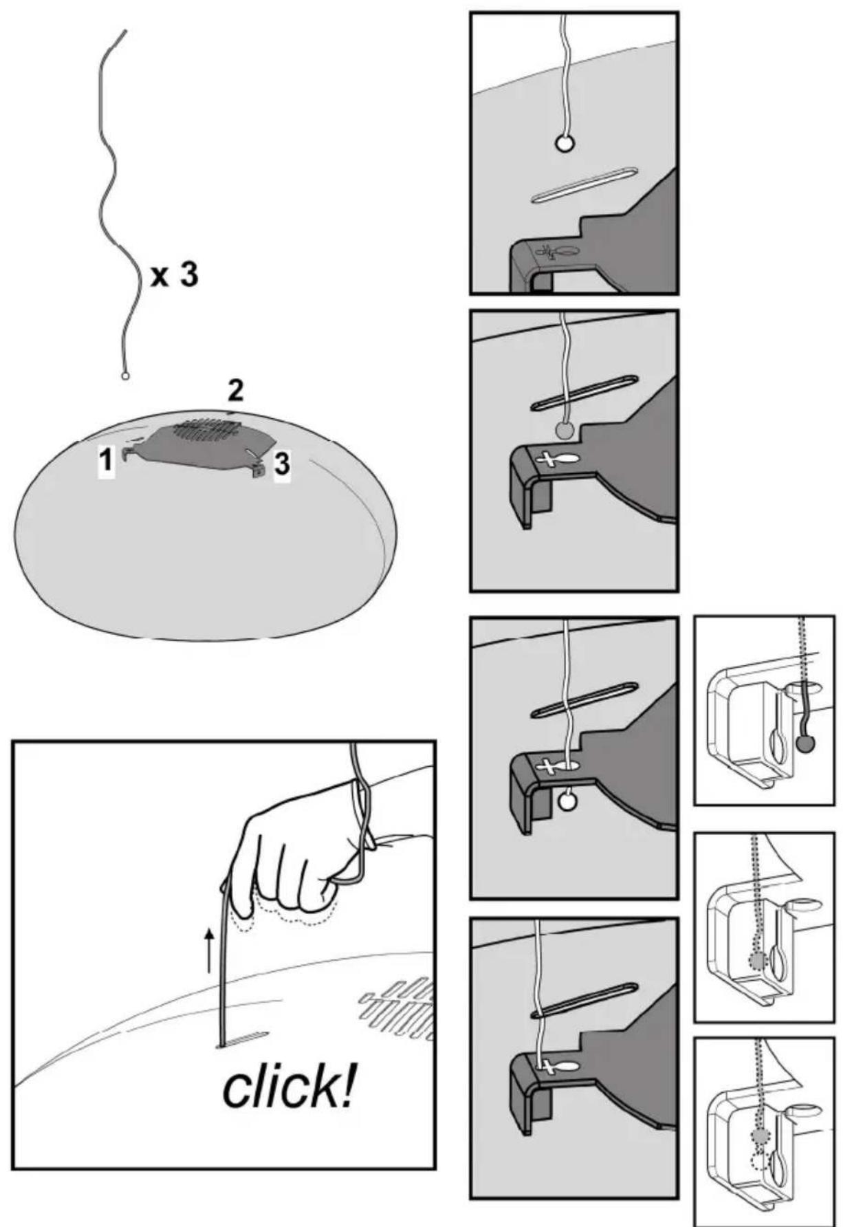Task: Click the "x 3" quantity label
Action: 175,275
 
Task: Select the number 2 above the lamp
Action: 235,391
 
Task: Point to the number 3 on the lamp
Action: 282,465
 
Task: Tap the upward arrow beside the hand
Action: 210,950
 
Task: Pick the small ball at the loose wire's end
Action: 124,376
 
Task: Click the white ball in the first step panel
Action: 565,144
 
